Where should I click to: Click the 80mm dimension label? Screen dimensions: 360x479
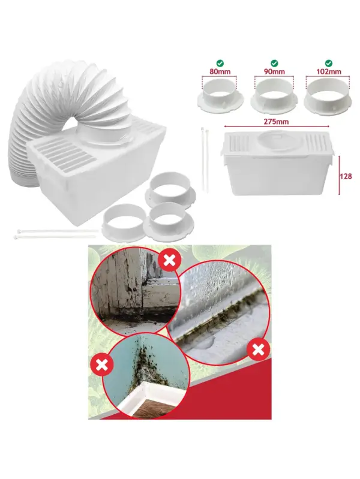coord(220,72)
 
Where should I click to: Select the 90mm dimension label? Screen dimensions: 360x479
coord(274,72)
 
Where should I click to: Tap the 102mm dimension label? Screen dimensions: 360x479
coord(328,72)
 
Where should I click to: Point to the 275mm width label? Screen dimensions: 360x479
coord(277,122)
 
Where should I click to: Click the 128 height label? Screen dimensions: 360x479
coord(346,176)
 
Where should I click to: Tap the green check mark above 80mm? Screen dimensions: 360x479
coord(220,63)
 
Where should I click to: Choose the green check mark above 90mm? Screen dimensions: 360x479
coord(274,63)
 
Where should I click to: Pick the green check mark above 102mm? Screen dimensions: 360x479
coord(329,63)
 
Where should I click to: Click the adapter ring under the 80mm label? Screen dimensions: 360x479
coord(220,95)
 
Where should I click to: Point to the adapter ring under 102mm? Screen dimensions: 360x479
coord(328,95)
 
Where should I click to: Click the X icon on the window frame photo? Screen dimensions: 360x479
coord(169,260)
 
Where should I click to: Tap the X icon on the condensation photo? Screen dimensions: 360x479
coord(259,350)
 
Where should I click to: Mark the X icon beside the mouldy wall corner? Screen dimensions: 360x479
coord(102,364)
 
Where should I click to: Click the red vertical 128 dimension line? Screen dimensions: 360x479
coord(339,175)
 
